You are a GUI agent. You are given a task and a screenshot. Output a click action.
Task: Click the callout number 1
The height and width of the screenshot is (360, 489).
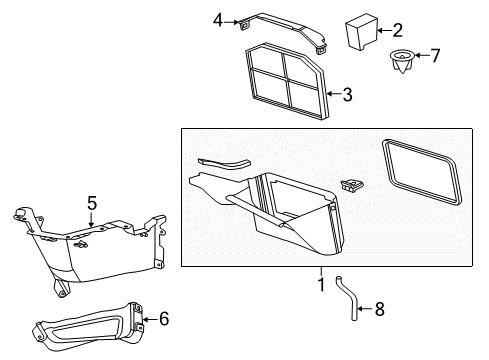321,285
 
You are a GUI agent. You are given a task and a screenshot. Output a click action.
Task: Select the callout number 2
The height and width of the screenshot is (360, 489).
398,30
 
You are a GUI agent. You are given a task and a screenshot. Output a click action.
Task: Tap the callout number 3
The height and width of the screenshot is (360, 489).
347,96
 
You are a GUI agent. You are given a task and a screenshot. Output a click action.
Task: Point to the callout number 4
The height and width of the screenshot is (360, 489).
218,19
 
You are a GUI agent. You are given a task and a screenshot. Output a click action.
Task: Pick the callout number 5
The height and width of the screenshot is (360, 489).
91,203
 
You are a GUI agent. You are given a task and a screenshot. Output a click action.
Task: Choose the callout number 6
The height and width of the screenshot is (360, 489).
165,319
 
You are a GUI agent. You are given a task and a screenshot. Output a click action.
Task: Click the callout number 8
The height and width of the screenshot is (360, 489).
378,310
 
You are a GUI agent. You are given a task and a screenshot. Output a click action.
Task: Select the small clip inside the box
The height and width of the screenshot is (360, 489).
352,184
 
